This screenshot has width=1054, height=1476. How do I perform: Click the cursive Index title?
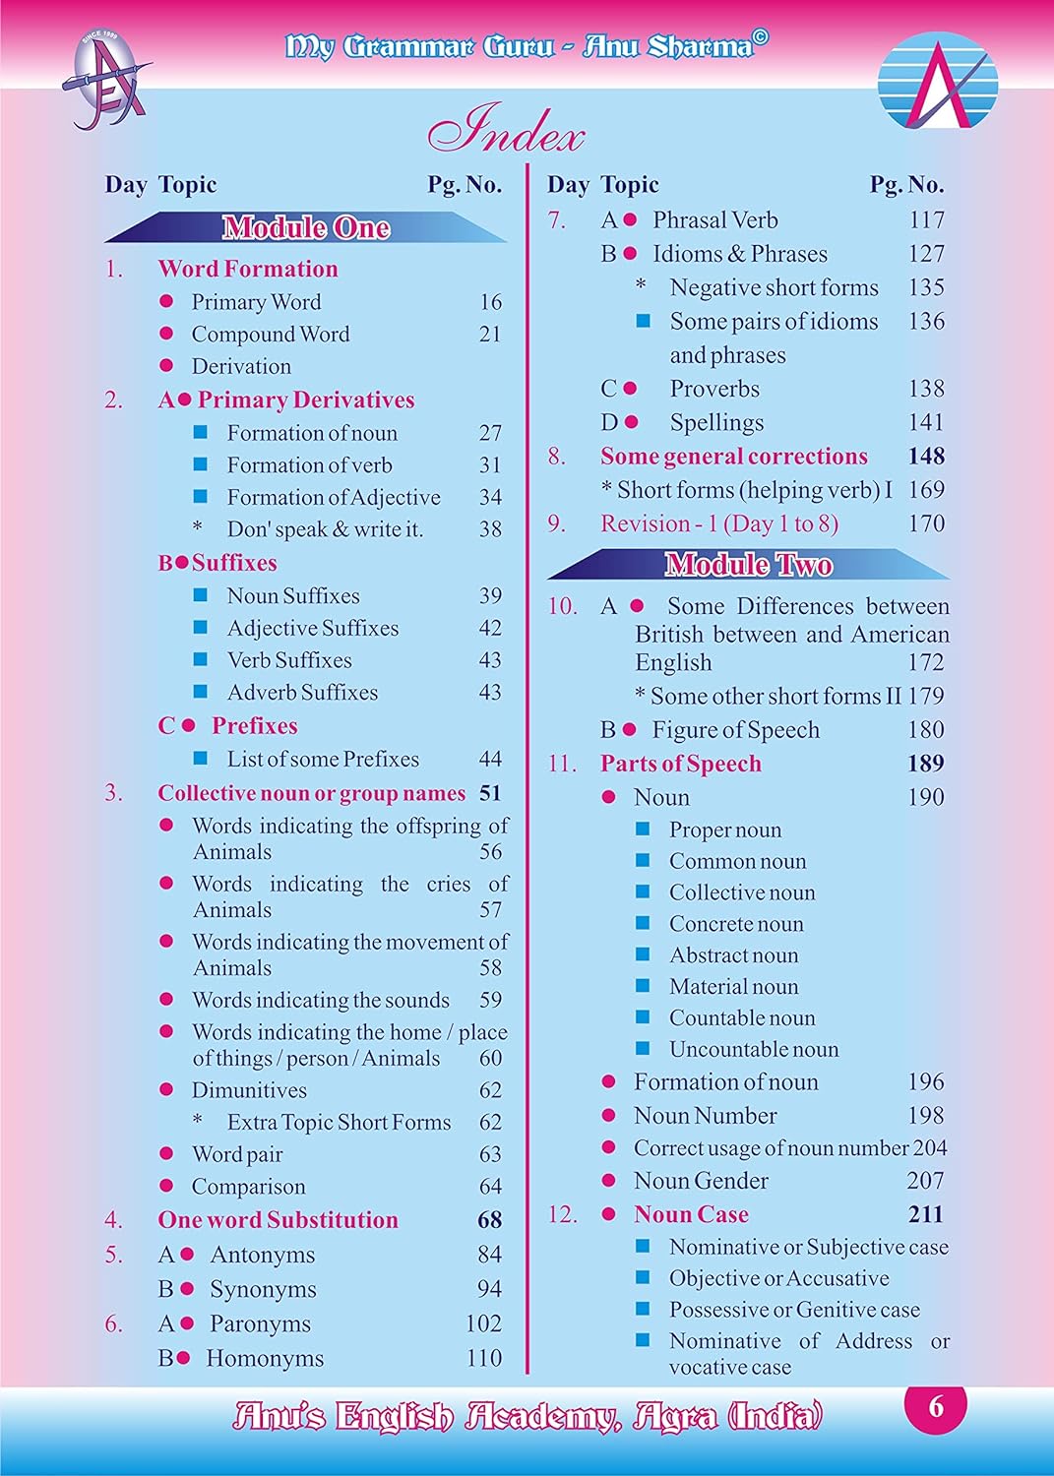(x=506, y=131)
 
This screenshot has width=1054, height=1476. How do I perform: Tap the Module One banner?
(x=305, y=228)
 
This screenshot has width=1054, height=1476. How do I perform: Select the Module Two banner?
(x=748, y=564)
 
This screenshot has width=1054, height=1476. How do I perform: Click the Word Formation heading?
(x=248, y=269)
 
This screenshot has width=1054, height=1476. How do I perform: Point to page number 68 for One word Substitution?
(x=489, y=1220)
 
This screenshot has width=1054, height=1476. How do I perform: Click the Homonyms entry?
(x=265, y=1358)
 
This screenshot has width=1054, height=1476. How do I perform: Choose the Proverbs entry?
(x=714, y=389)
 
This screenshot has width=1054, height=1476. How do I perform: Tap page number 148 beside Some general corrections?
(x=926, y=457)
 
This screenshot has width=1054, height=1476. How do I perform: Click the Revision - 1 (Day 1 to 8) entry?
(x=719, y=523)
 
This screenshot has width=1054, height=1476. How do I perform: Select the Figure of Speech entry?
(x=735, y=730)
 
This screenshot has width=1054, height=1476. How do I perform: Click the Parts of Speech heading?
(x=681, y=764)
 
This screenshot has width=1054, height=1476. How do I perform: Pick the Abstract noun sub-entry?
(x=733, y=955)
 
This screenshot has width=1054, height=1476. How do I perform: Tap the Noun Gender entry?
(x=701, y=1181)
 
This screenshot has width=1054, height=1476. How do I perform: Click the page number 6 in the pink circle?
(x=935, y=1407)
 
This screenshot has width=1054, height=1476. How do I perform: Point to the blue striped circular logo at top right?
(x=937, y=81)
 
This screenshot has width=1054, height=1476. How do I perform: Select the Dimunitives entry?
(x=249, y=1090)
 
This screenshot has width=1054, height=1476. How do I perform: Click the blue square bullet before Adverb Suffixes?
(x=201, y=692)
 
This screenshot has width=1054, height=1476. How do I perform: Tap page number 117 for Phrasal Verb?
(x=926, y=220)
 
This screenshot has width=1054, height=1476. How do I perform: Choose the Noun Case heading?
(x=691, y=1214)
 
